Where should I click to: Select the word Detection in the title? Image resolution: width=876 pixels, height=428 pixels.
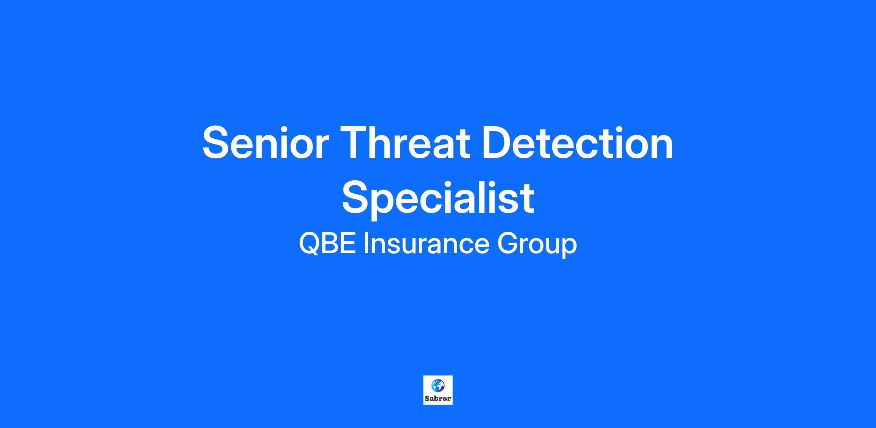(577, 142)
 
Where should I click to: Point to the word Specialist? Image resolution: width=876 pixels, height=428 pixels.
(438, 199)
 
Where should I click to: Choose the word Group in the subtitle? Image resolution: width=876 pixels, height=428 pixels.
(537, 245)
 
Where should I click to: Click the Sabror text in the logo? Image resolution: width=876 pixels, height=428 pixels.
(438, 398)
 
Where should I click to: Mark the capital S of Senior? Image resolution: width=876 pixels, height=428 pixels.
(216, 142)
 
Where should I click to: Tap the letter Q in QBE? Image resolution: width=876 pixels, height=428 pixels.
(310, 244)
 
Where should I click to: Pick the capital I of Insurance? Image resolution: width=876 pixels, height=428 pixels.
(366, 244)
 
